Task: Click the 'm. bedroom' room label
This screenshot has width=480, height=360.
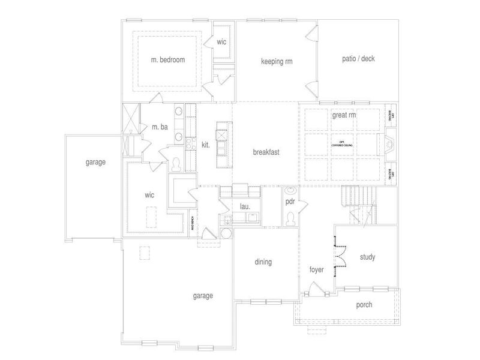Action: pos(167,60)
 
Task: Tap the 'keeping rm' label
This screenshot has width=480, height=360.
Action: pos(276,61)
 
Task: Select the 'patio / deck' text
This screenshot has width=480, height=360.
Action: pos(359,59)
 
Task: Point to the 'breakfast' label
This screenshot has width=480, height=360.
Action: pos(266,152)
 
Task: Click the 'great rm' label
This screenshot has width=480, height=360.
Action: pos(344,115)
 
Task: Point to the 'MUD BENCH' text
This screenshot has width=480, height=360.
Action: pos(193,223)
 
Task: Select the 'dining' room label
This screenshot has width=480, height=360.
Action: pos(263,262)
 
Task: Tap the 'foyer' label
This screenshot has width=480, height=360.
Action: pos(316,270)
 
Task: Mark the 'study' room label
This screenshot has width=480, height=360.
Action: pos(367,257)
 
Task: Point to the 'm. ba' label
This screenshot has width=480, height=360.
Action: pos(159,127)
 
